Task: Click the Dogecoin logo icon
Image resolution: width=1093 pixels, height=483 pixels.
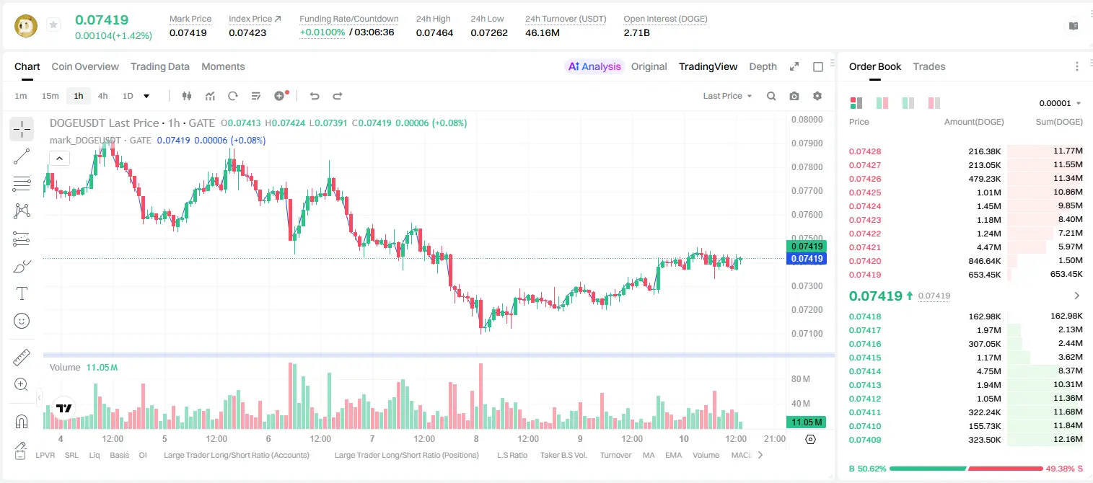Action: [x=26, y=25]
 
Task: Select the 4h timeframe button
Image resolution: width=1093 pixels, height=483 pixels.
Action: [x=102, y=96]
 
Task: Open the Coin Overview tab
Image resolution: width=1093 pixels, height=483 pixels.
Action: [x=85, y=66]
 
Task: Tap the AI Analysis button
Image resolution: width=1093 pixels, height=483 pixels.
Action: [x=594, y=66]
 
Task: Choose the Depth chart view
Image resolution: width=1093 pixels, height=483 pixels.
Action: [x=763, y=66]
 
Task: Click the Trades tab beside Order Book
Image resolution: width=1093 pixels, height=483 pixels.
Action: [x=929, y=66]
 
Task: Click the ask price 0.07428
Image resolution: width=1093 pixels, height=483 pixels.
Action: [x=865, y=151]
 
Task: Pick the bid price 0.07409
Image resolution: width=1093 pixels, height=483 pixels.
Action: [x=865, y=440]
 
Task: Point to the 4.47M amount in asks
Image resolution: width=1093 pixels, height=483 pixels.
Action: [x=989, y=247]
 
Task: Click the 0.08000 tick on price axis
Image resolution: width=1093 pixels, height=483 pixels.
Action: [x=807, y=120]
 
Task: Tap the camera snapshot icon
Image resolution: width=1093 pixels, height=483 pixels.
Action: [x=794, y=96]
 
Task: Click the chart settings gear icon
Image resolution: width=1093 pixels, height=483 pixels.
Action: [x=817, y=96]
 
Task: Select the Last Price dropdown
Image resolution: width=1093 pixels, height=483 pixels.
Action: [x=727, y=96]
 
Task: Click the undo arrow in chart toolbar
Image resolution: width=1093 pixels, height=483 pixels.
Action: [x=315, y=96]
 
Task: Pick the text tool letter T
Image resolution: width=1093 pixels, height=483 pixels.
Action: [x=22, y=294]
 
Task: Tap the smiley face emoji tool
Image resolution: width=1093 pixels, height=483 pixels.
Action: [x=22, y=321]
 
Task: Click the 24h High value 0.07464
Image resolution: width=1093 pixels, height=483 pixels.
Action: [x=434, y=32]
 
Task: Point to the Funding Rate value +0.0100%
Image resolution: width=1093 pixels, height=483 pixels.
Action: [x=322, y=32]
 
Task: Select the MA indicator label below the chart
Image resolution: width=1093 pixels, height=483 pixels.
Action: [x=649, y=455]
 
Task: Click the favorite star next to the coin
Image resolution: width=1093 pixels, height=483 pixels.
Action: [x=53, y=25]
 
